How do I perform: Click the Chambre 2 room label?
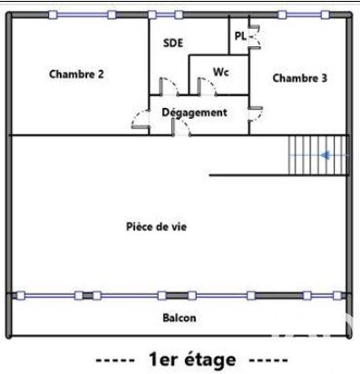tap(76, 74)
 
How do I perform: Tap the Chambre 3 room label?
tap(300, 78)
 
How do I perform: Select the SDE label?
tap(173, 43)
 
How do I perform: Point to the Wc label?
tap(221, 72)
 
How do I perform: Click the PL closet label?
tap(240, 36)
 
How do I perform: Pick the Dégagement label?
tap(195, 113)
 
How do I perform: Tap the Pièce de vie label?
tap(156, 227)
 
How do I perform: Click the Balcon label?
tap(180, 318)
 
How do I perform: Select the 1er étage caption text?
tap(192, 359)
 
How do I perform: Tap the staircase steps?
tap(317, 155)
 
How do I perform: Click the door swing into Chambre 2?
tap(141, 119)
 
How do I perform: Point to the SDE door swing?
tap(169, 86)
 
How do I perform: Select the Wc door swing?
tap(207, 86)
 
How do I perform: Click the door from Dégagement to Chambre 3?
tap(256, 114)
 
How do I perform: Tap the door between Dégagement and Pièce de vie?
tap(180, 127)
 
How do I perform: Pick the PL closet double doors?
tap(254, 36)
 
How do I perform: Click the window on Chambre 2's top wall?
tap(83, 15)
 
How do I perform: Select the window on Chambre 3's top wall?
tap(304, 15)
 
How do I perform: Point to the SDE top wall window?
tap(166, 15)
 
